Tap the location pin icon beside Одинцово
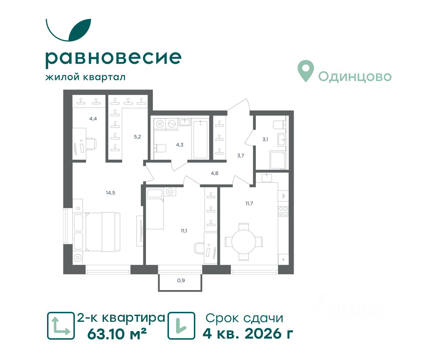306,71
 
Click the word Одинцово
355,76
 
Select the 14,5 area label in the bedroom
110,193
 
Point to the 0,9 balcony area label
181,280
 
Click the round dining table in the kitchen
244,242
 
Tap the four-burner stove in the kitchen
283,211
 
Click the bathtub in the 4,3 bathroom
200,139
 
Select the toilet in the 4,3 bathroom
160,148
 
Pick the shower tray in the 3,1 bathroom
278,160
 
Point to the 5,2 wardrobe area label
137,137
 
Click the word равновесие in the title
113,59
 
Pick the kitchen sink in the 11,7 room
267,178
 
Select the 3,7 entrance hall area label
241,156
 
